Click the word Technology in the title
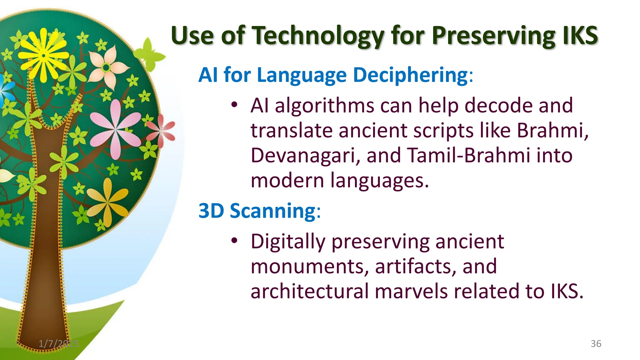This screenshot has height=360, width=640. tap(318, 36)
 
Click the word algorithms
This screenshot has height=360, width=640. tap(324, 106)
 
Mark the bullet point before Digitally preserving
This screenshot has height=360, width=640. tap(234, 241)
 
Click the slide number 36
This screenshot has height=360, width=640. tap(596, 344)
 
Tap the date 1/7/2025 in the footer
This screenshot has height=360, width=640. tap(59, 344)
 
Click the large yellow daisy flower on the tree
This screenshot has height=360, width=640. tap(44, 56)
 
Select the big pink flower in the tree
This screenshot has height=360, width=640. tap(116, 129)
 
